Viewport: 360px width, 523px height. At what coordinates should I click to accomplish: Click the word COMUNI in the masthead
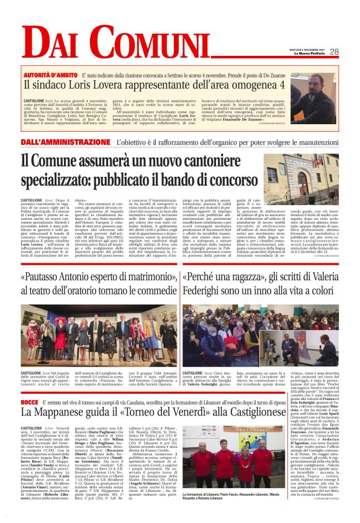119,44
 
